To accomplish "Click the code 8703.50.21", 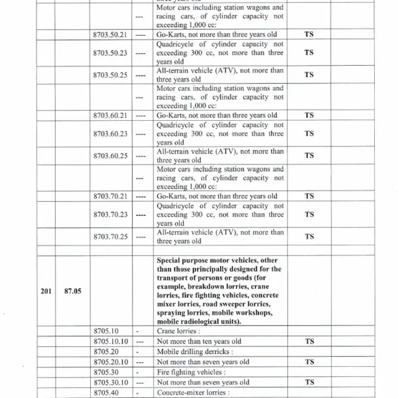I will (110, 34).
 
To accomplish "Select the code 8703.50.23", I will (110, 52).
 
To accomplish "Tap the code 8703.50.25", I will (110, 74).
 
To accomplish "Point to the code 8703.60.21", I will (110, 115).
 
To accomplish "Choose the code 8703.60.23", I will (110, 133).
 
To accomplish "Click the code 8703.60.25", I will (110, 156).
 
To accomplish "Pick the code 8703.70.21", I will (110, 196).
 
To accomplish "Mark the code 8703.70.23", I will (110, 214).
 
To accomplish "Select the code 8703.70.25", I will (110, 237).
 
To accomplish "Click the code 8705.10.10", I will (110, 342).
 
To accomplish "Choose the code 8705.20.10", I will (110, 362).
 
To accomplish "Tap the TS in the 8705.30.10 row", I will (308, 383).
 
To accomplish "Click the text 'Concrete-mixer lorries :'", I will (193, 393).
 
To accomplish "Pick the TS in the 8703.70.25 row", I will (308, 237).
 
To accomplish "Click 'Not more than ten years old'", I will (199, 342).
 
